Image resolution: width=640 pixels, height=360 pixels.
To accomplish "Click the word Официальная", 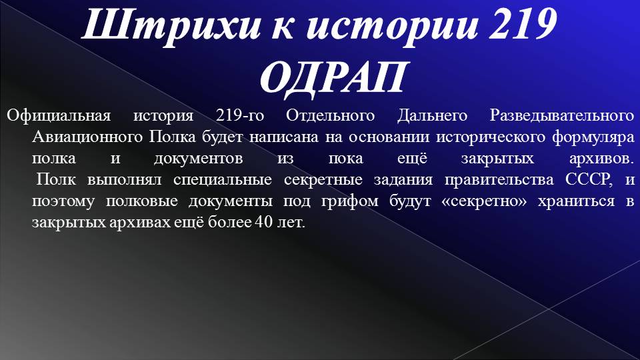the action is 59,115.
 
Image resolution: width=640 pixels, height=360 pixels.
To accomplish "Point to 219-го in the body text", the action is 240,115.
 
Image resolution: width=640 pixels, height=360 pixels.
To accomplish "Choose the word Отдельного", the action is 330,115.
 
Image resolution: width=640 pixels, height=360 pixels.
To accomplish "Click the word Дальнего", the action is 432,115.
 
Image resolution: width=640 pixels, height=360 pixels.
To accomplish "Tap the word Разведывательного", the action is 561,115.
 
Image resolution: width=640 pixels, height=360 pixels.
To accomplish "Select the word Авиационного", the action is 87,137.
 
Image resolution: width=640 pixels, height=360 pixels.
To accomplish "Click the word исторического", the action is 491,137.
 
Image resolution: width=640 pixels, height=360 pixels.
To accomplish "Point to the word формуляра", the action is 593,137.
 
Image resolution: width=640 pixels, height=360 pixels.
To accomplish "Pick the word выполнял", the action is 125,180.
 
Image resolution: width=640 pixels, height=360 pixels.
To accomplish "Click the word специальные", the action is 223,180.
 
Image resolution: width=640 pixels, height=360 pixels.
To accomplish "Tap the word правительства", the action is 499,180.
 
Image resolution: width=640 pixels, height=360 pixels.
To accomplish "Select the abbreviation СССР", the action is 589,179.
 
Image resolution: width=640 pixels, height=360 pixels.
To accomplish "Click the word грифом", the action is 350,201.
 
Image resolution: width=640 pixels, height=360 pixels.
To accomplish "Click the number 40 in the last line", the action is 263,223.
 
